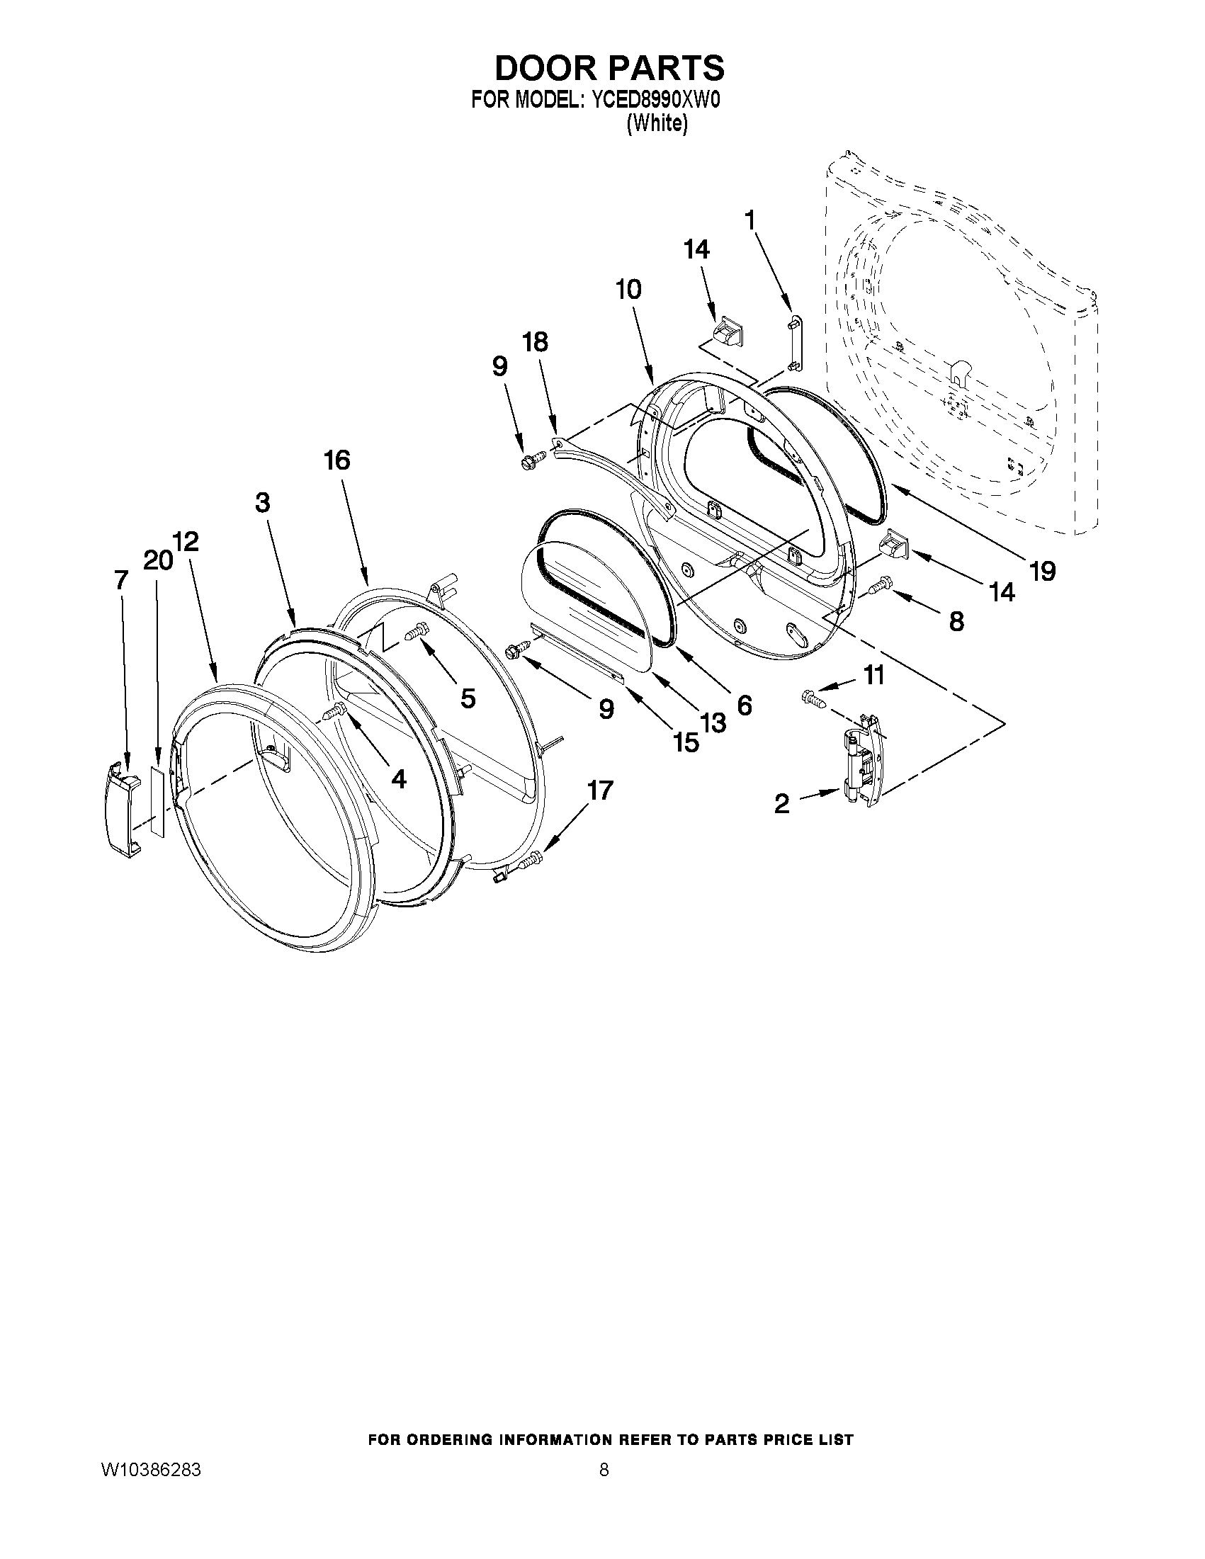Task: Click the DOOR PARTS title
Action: tap(609, 69)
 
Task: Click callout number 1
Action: tap(750, 220)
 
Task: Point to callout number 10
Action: tap(628, 290)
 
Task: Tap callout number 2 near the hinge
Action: tap(782, 804)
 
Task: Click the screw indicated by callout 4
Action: tap(335, 710)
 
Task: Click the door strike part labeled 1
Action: tap(794, 344)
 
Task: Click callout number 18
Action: tap(536, 342)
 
